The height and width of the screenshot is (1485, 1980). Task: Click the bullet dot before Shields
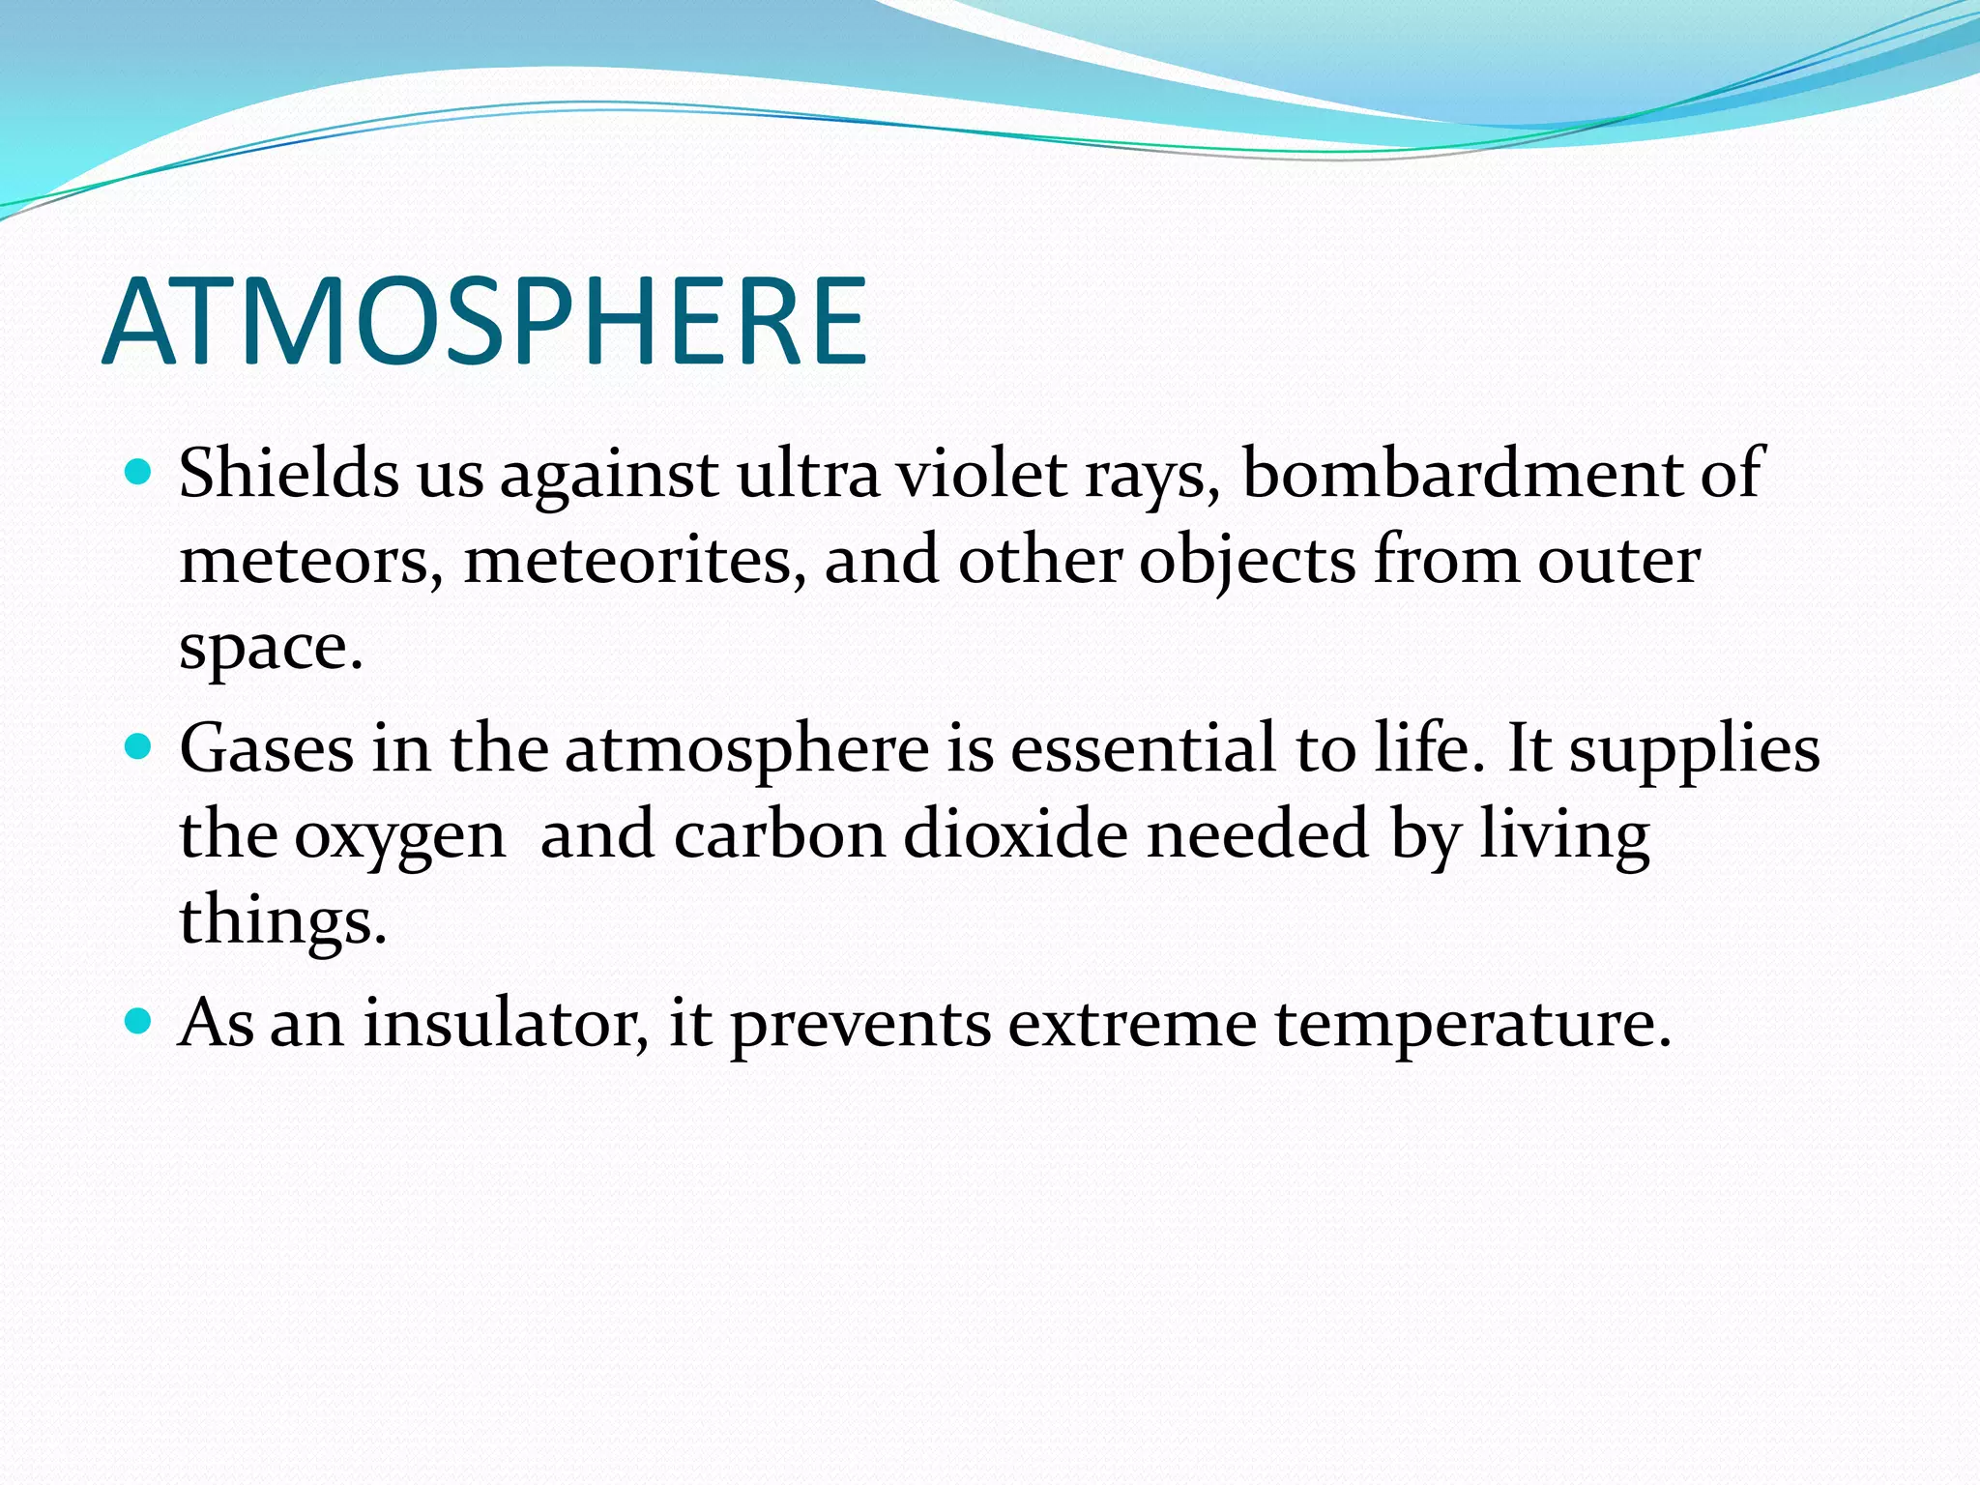[139, 473]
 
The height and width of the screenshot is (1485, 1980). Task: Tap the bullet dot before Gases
[139, 746]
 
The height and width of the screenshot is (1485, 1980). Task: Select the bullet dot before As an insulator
[139, 1020]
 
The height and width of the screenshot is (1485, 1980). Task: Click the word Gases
[266, 748]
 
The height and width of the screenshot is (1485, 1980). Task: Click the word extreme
[1131, 1023]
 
